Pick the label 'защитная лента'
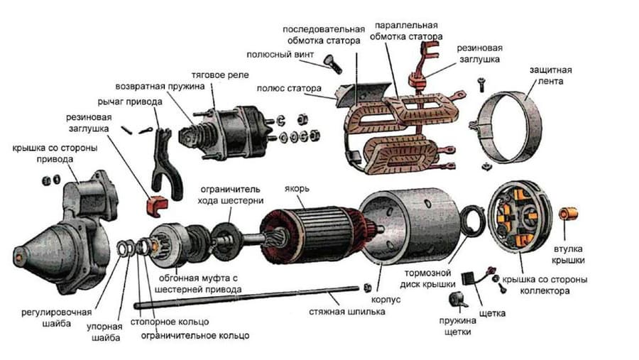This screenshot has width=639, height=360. coord(551,76)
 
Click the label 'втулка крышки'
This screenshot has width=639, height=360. coord(569,255)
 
